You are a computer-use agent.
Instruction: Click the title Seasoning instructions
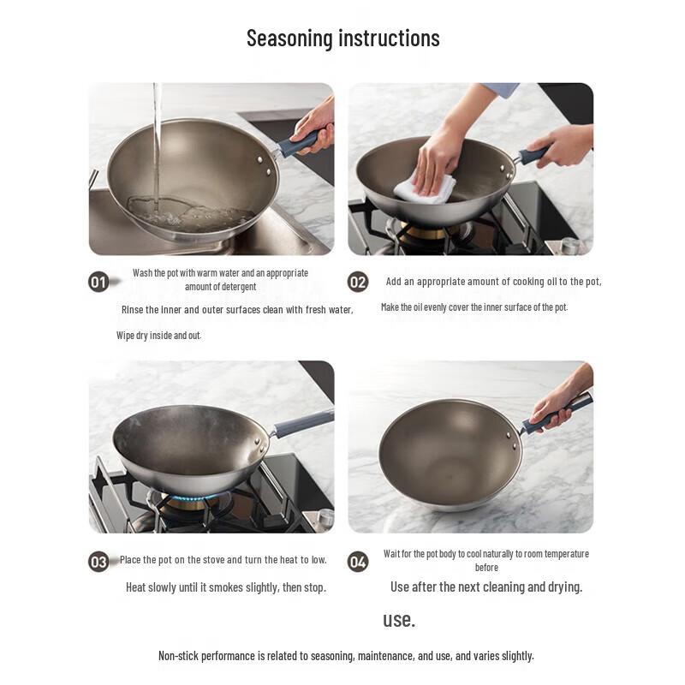pos(342,39)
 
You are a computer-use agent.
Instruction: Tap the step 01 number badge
pos(98,282)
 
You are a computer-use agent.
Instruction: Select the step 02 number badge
pos(358,282)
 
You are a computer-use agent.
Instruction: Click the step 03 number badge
pos(98,562)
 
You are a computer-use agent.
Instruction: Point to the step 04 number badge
pos(358,562)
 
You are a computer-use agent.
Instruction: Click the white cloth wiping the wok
pos(426,185)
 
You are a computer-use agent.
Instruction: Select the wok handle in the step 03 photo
pos(301,422)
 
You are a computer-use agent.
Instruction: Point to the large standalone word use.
pos(398,620)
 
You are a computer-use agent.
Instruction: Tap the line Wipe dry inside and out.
pos(158,336)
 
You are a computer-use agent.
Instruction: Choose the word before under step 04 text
pos(486,568)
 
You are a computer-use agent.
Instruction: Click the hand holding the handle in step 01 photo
pos(315,124)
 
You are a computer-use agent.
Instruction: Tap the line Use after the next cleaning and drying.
pos(486,587)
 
